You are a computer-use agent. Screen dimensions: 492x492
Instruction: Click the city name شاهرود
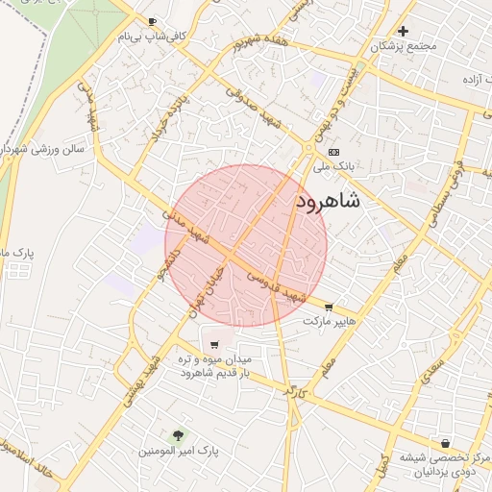pos(329,201)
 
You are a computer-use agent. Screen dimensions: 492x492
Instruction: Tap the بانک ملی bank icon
pos(333,152)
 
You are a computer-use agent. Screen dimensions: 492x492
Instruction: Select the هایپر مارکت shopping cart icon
pos(331,307)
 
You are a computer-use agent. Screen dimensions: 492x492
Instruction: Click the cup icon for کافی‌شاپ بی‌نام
pos(153,22)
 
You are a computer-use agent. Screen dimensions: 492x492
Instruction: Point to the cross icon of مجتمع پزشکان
pos(404,31)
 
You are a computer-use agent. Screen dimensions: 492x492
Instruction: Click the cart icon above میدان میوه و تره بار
pos(213,344)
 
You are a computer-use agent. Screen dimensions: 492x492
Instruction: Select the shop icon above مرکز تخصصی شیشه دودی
pos(446,444)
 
